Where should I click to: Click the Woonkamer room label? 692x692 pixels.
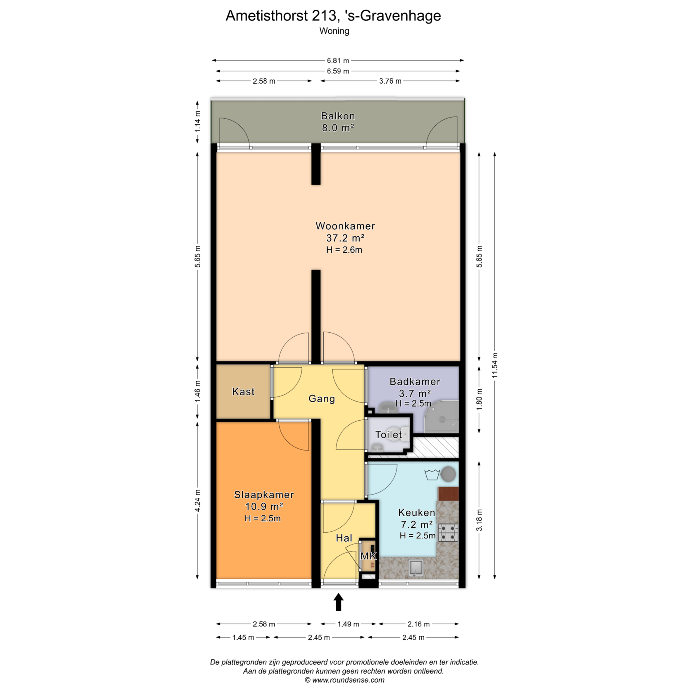(345, 226)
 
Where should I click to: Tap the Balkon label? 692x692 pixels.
(338, 116)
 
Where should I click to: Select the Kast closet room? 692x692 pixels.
(243, 391)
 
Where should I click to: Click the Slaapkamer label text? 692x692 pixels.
(264, 494)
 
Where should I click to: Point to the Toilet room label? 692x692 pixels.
(388, 434)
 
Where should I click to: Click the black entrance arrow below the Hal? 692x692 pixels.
(338, 602)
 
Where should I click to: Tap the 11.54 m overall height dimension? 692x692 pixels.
(495, 365)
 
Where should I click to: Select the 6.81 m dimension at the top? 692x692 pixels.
(338, 61)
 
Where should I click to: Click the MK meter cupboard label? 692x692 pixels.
(368, 556)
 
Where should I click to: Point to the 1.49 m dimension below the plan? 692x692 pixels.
(348, 624)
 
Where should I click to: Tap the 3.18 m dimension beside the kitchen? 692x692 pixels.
(479, 520)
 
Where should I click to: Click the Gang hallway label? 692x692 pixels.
(321, 399)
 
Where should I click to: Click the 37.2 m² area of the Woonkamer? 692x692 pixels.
(345, 238)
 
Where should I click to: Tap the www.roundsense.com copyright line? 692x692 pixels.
(345, 680)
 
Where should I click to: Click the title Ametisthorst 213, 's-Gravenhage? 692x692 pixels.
(333, 15)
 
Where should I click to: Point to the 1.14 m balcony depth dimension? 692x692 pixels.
(197, 122)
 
